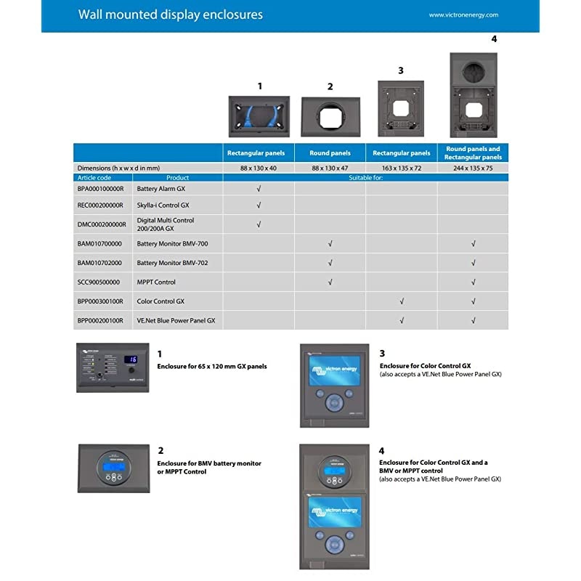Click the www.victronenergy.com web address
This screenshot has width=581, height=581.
click(463, 15)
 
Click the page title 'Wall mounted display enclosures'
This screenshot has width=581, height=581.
click(170, 15)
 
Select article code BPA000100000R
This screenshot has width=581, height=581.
click(100, 188)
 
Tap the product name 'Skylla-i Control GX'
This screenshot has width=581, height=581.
click(164, 206)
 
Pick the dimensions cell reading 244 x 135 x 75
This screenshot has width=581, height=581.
click(473, 168)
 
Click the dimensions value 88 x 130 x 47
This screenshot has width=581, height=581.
click(330, 168)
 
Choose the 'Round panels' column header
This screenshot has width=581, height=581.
click(330, 153)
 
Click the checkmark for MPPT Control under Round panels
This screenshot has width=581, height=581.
click(330, 282)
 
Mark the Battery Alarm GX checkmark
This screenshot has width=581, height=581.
click(259, 188)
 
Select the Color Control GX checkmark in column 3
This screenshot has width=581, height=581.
click(402, 301)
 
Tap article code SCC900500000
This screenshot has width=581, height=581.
click(99, 282)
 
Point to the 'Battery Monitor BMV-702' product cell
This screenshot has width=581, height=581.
click(172, 263)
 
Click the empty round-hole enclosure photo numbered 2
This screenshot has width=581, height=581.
click(330, 117)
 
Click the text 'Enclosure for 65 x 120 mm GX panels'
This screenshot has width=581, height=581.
click(212, 366)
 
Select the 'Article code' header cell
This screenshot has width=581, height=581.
click(94, 177)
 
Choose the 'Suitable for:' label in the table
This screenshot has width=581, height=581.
click(366, 177)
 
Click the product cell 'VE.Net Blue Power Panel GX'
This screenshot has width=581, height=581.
click(176, 320)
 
